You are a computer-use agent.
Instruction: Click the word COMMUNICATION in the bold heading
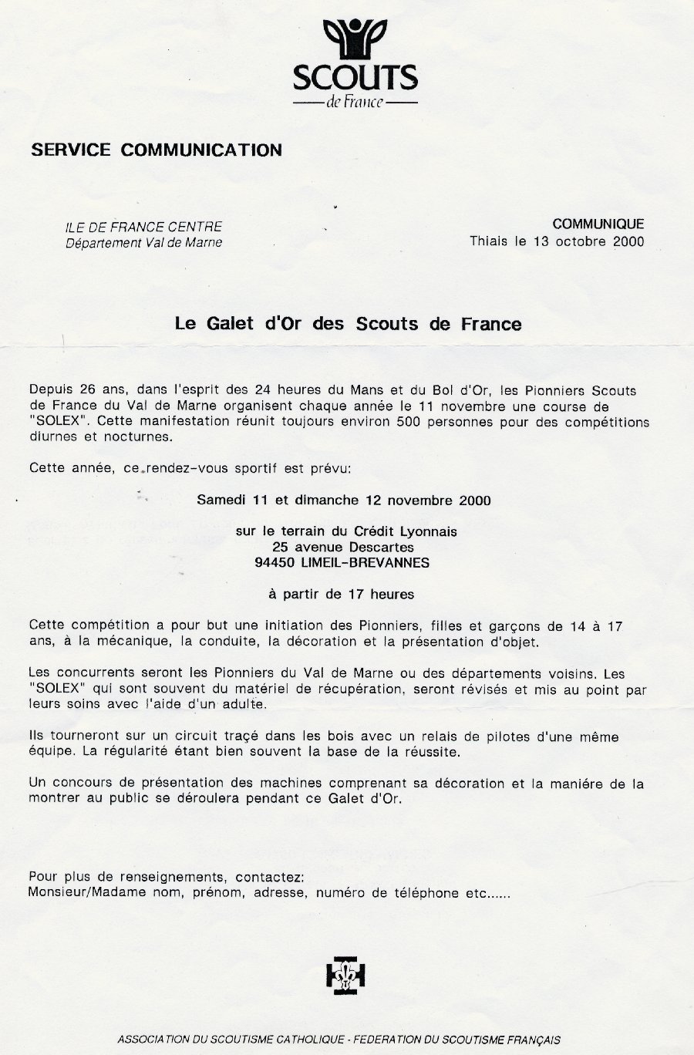point(201,150)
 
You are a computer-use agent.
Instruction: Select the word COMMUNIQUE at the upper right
point(598,224)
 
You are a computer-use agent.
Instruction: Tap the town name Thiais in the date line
point(490,241)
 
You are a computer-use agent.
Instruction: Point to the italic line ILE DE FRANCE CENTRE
point(143,227)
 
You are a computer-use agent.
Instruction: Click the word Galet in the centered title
point(230,324)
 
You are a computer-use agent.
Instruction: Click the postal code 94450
point(275,563)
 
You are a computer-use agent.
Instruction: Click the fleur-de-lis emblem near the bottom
point(345,976)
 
